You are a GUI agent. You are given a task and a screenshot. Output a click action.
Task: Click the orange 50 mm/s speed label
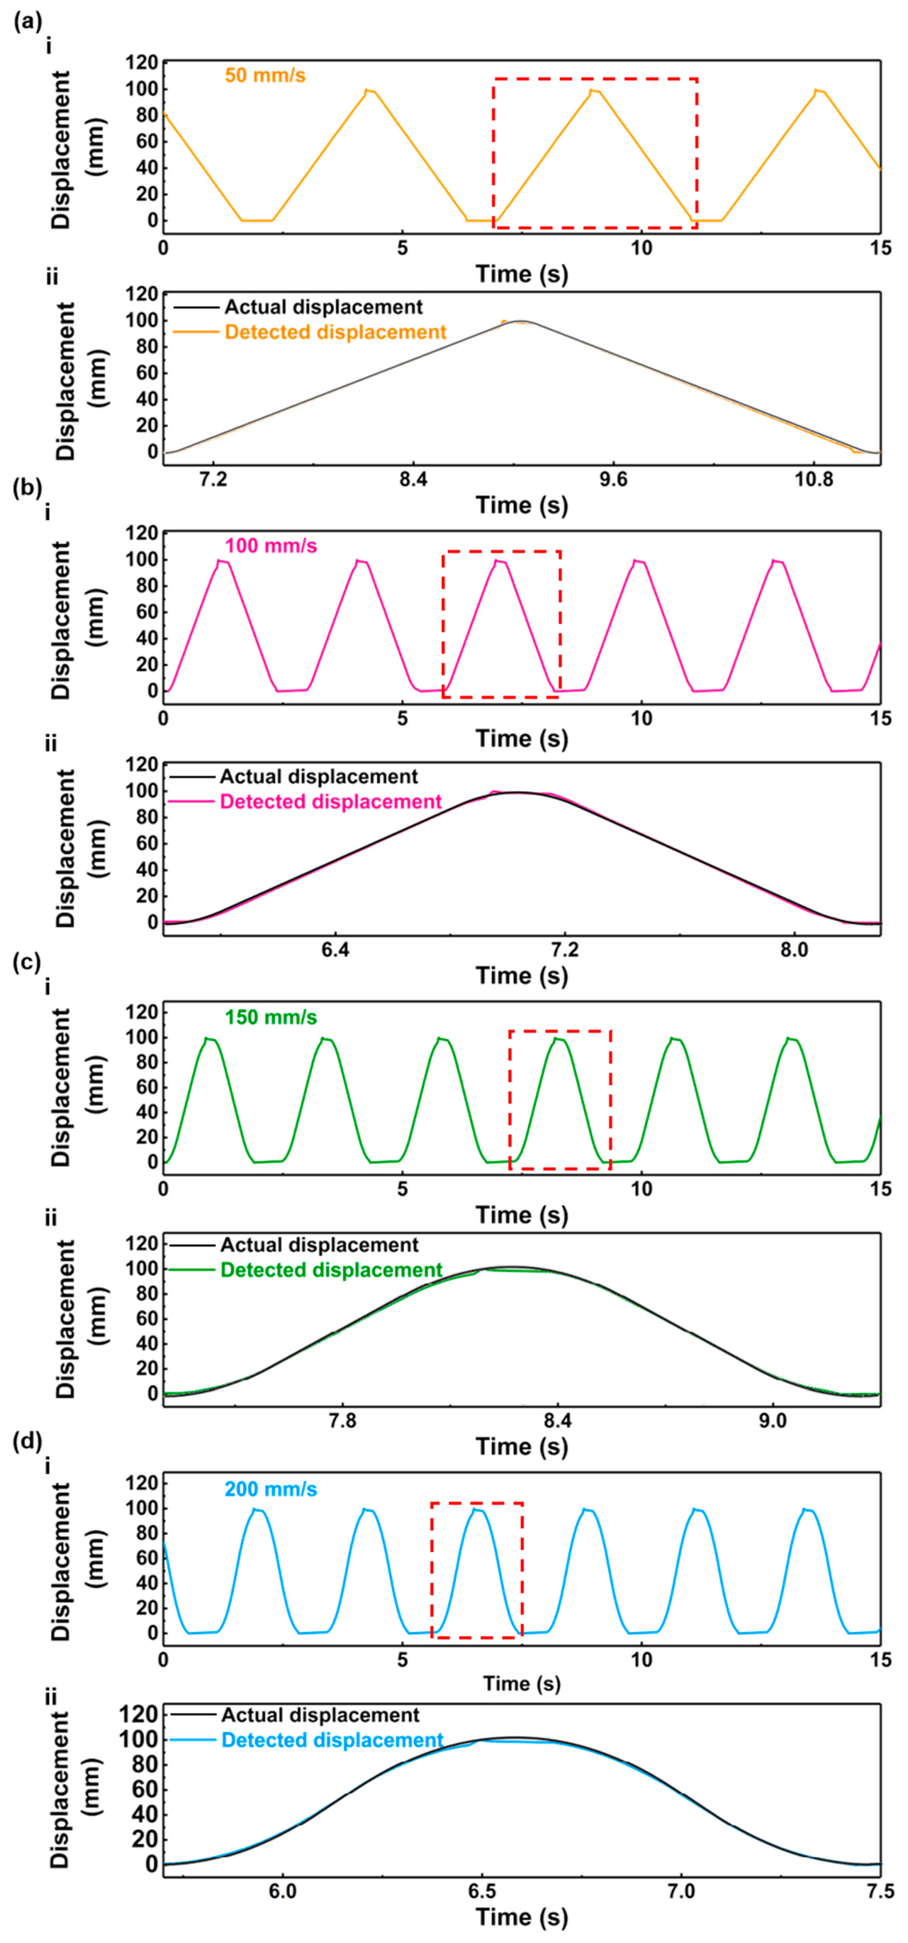[x=265, y=75]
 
